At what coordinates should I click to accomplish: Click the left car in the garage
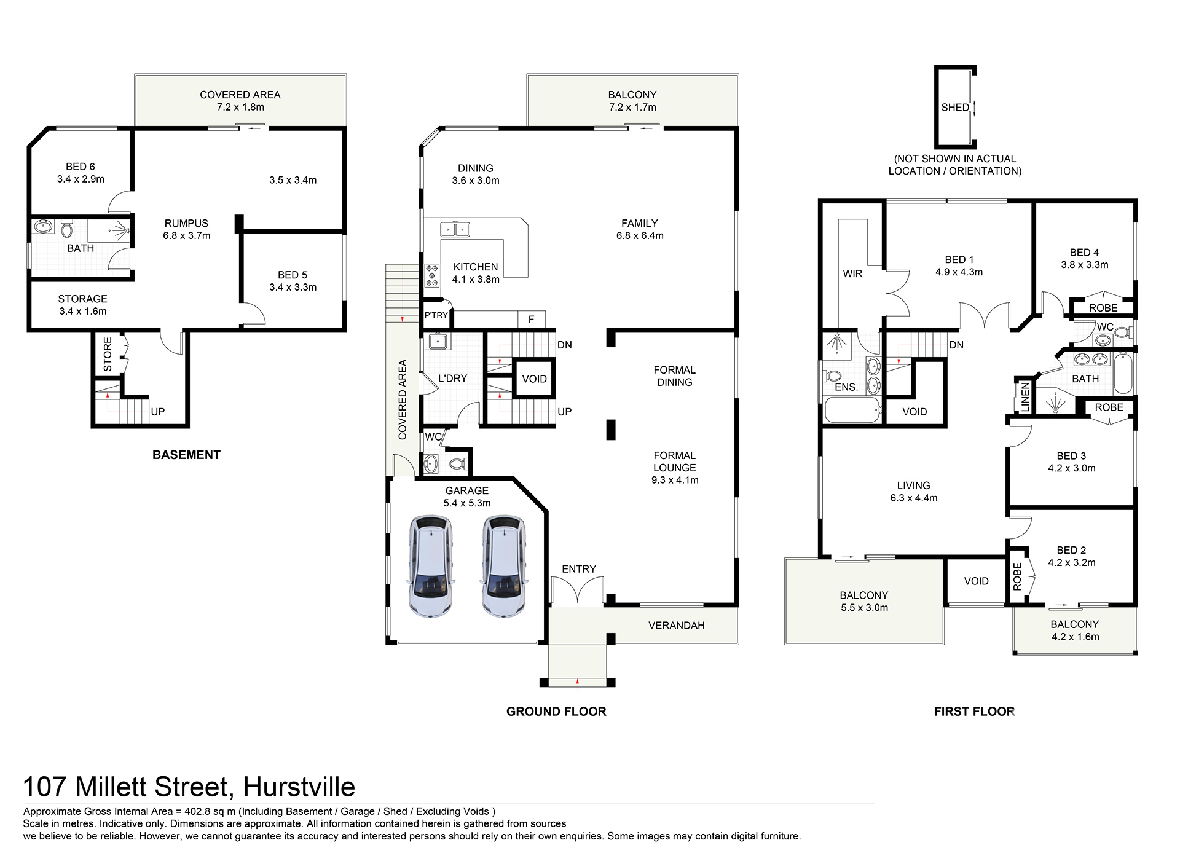point(431,567)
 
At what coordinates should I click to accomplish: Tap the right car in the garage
point(504,567)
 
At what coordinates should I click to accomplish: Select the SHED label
point(954,108)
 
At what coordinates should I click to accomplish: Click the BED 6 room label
point(81,167)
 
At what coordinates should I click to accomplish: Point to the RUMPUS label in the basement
point(186,224)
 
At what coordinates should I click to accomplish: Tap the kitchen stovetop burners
point(432,275)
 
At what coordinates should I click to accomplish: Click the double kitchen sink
point(455,230)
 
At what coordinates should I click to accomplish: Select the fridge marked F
point(531,319)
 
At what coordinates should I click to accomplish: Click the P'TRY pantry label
point(436,315)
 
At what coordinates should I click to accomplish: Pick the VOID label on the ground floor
point(534,379)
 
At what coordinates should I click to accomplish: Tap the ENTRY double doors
point(577,591)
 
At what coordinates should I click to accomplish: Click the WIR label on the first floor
point(852,274)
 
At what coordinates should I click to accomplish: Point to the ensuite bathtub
point(852,410)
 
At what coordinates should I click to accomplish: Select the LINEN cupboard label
point(1025,396)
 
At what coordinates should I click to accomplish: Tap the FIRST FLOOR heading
point(974,712)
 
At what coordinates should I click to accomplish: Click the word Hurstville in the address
point(299,787)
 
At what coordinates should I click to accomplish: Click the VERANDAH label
point(676,626)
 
